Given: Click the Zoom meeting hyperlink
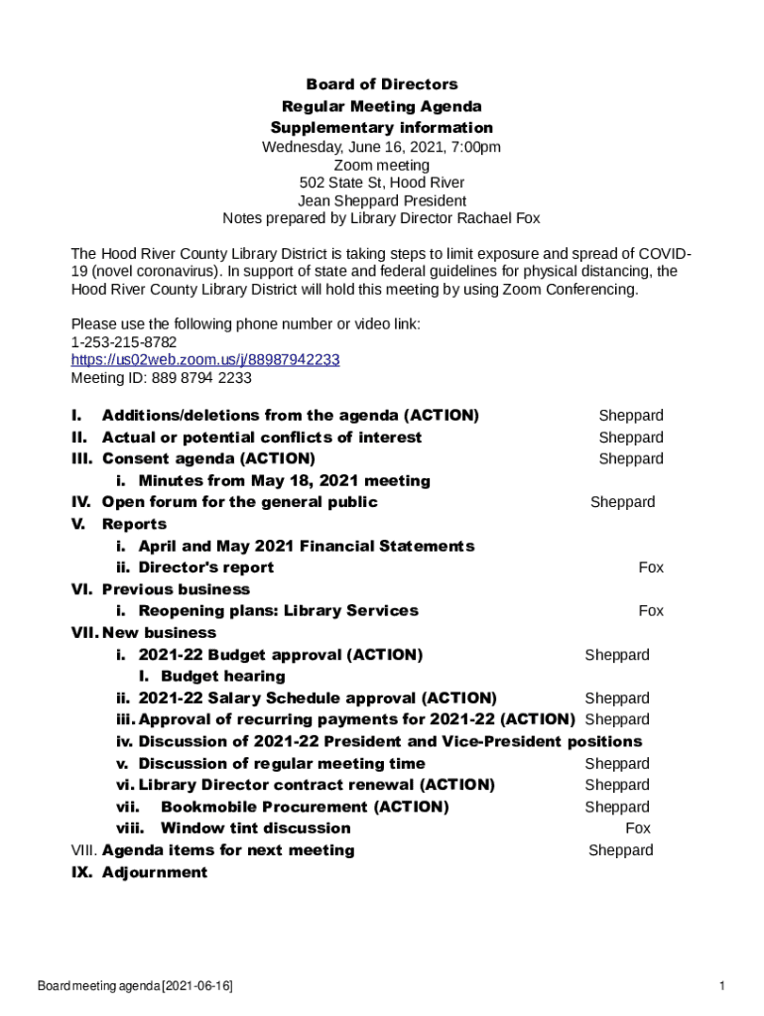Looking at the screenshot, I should click(x=205, y=359).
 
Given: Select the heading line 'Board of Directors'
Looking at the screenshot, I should click(x=381, y=84).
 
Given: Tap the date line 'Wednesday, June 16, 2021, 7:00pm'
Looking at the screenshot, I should click(x=381, y=147).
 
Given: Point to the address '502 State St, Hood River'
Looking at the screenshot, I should click(x=381, y=183).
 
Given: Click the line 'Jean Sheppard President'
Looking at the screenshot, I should click(x=381, y=200).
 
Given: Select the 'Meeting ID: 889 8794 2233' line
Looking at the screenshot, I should click(x=161, y=378).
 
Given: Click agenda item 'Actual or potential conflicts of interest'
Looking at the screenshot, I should click(x=262, y=438).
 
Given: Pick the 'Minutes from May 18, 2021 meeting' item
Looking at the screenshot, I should click(x=284, y=481).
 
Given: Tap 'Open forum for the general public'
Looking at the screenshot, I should click(x=239, y=502).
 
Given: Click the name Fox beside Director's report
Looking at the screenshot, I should click(x=651, y=568).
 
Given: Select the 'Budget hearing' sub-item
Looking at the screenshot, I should click(x=230, y=677).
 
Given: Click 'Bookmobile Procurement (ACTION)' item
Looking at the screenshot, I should click(x=305, y=807).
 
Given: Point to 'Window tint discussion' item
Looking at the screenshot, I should click(x=255, y=828).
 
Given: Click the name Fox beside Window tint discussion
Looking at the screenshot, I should click(x=638, y=828).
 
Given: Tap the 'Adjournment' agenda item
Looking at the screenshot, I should click(x=155, y=872).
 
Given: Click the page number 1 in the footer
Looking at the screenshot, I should click(x=723, y=986).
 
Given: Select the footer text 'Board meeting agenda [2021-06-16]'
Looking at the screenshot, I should click(x=135, y=986).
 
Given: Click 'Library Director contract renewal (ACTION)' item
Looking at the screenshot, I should click(x=317, y=785).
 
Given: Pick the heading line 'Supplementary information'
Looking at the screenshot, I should click(x=381, y=128).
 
